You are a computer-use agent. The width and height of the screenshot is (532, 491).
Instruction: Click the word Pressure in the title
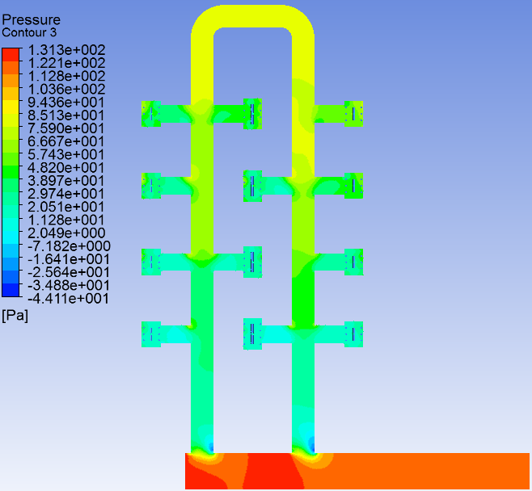click(x=32, y=20)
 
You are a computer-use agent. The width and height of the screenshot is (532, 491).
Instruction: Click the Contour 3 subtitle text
click(x=29, y=33)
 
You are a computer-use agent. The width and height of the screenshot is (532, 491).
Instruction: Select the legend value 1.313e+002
click(x=66, y=50)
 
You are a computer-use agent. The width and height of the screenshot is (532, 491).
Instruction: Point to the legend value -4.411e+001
click(x=68, y=299)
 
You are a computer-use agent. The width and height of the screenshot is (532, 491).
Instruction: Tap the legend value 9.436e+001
click(x=66, y=103)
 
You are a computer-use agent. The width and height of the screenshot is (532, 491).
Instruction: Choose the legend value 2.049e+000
click(x=66, y=233)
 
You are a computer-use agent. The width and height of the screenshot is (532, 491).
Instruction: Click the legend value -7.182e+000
click(x=69, y=246)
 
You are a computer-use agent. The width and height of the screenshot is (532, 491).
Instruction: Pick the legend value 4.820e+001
click(x=66, y=168)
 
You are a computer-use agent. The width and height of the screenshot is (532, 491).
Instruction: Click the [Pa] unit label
click(x=15, y=316)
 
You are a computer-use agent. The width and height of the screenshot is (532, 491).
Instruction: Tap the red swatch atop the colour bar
click(x=11, y=55)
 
